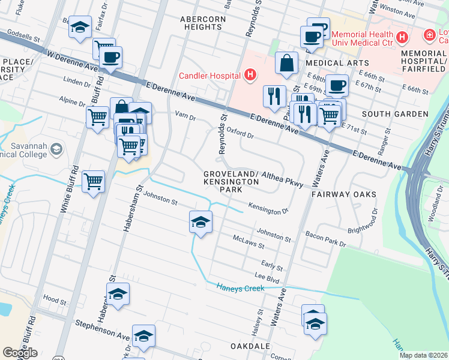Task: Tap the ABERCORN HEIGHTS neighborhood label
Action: pos(200,23)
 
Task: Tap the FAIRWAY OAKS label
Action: pos(343,194)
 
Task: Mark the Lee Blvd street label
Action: pos(268,278)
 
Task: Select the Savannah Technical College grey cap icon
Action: pos(56,149)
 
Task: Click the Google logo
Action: pos(20,353)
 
